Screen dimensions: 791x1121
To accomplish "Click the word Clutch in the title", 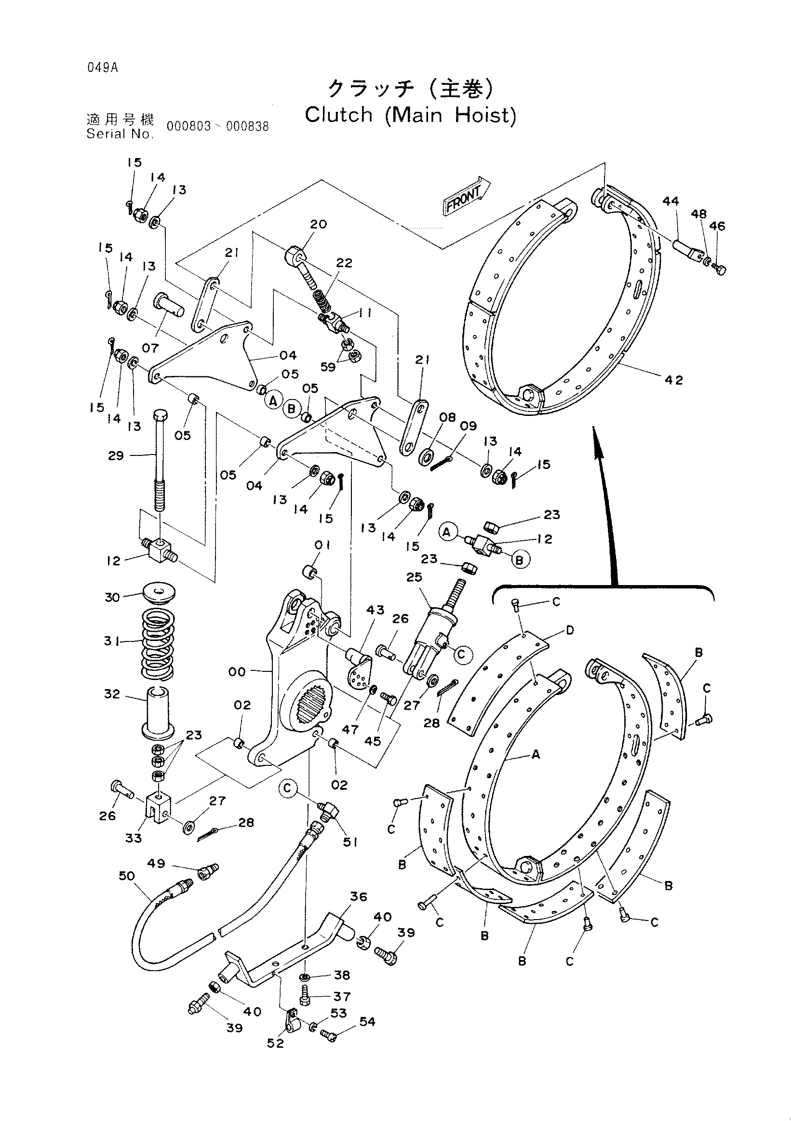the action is point(339,115).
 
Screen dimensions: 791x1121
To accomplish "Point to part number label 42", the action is point(674,380).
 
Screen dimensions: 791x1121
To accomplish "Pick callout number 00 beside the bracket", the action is point(237,672).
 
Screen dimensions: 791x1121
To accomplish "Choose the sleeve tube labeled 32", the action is point(157,713).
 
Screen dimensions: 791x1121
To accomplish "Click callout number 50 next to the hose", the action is point(126,876).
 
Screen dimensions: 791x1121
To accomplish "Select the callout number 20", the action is point(318,224).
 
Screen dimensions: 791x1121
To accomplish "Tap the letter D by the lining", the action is point(570,630).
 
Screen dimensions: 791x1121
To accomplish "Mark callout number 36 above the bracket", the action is point(359,896).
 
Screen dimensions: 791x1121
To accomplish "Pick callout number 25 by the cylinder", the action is point(414,576).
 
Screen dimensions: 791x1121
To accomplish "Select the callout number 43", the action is point(375,610).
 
